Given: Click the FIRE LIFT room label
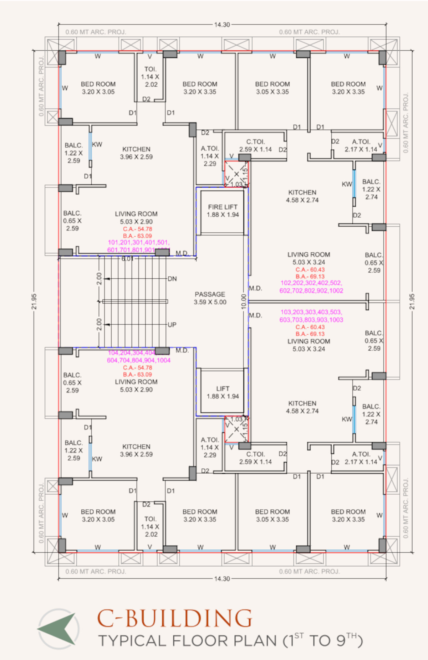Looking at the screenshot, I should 223,211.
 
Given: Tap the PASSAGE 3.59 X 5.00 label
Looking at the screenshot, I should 210,298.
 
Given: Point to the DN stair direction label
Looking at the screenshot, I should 172,279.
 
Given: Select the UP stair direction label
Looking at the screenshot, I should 172,325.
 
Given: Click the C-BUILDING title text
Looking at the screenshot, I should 175,619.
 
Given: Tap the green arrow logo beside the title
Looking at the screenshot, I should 58,629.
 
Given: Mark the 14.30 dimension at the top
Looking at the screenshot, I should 222,25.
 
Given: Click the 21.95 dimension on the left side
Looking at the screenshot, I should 34,301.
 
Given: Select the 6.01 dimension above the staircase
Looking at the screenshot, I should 127,259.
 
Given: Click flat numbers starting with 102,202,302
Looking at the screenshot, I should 311,287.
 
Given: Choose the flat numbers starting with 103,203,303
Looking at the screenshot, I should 311,316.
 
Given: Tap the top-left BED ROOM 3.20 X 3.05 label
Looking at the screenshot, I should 98,88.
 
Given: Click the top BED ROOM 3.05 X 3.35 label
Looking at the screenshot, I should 272,88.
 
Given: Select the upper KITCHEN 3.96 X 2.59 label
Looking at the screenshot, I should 136,153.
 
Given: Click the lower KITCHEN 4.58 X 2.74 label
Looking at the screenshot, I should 302,407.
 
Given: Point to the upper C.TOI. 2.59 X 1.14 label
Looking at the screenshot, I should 256,145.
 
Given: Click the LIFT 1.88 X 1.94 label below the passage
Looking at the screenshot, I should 223,392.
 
